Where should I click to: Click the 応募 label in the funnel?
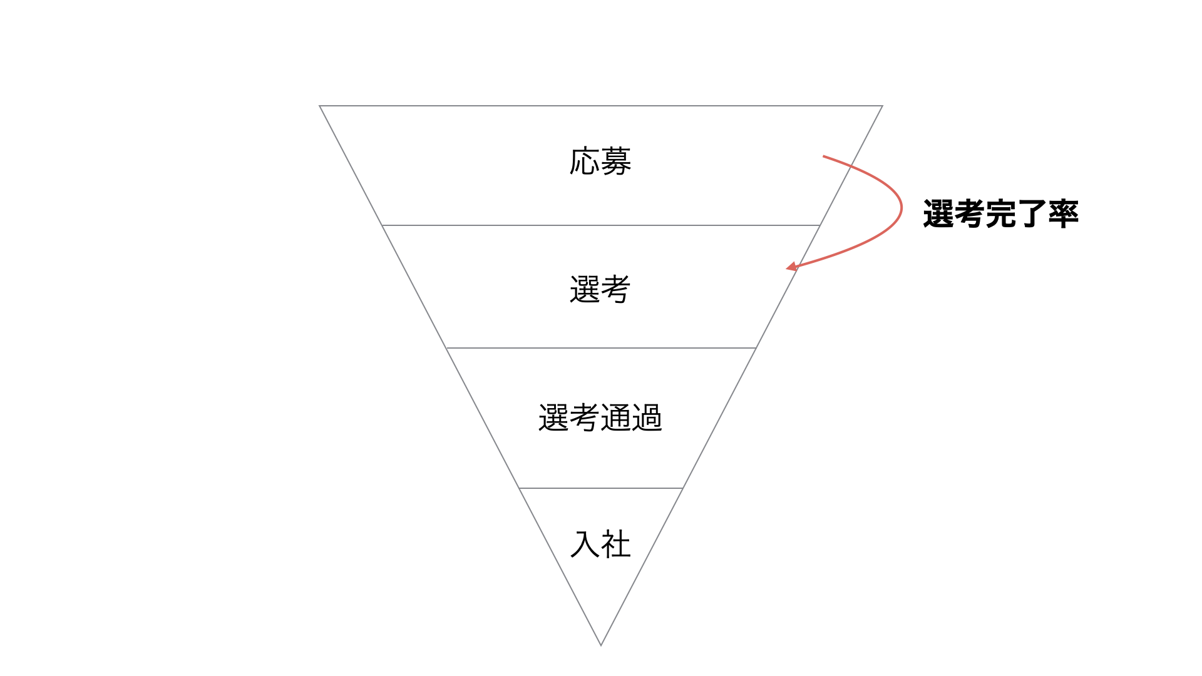point(600,161)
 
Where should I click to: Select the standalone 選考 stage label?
point(600,290)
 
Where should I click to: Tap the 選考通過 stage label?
point(600,417)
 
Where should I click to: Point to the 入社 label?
point(600,544)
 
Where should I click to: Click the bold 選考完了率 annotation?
point(1000,214)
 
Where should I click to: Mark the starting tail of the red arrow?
point(823,156)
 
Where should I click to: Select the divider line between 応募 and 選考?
point(601,225)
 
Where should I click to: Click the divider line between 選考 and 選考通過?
point(601,347)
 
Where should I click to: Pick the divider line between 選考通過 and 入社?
point(601,488)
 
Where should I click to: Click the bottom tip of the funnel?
point(601,645)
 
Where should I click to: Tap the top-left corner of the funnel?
point(319,106)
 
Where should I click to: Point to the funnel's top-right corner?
point(883,106)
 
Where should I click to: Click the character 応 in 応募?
point(585,161)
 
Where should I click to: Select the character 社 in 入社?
point(616,544)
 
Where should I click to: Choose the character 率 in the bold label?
point(1064,214)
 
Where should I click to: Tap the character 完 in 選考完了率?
point(1000,214)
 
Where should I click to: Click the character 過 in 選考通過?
point(647,417)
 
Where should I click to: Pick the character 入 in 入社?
point(585,544)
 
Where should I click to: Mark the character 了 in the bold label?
point(1032,214)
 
